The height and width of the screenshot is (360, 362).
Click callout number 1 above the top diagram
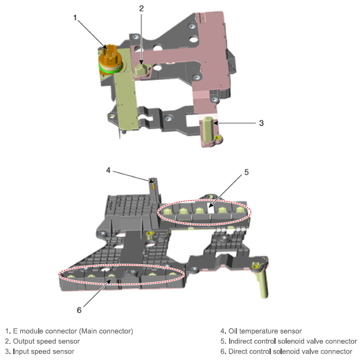[75, 18]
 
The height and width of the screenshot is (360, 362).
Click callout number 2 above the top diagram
[141, 9]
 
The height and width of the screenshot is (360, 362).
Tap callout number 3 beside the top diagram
[261, 123]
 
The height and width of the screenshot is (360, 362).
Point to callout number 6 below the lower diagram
[79, 310]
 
